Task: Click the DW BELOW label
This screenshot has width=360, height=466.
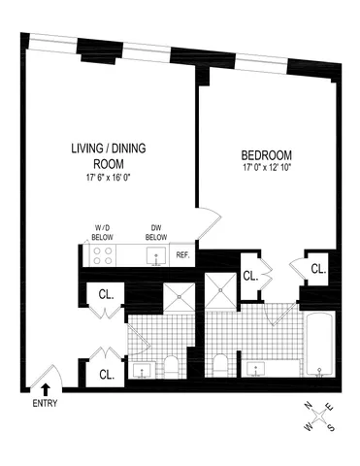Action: [x=155, y=234]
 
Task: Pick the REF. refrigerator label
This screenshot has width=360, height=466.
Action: [x=181, y=256]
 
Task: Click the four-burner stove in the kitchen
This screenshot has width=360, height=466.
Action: [x=103, y=255]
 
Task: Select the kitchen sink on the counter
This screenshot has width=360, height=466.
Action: [x=154, y=257]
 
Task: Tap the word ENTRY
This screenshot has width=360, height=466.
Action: [x=46, y=403]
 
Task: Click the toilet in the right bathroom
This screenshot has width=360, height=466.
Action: [x=221, y=366]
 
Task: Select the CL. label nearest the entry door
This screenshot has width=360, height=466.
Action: [x=106, y=372]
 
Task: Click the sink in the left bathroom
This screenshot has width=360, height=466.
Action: [x=144, y=368]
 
